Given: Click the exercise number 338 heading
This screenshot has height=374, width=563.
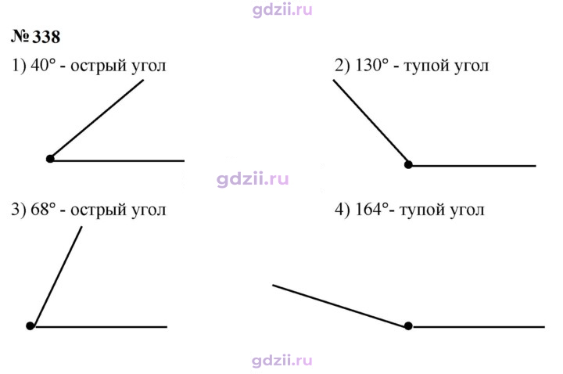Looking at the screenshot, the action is pos(35,37).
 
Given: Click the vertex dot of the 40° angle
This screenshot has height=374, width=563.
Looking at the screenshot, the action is pos(50,158).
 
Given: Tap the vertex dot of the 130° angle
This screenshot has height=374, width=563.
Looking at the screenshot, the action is pos(408,164).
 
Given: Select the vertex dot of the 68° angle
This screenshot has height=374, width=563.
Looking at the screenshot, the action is pos(30,325).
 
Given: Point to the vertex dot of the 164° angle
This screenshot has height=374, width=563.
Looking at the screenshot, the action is pos(408,325).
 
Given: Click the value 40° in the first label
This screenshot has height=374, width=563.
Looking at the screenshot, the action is pos(44,66).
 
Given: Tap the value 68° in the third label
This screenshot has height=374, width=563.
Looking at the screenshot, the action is pos(44,209).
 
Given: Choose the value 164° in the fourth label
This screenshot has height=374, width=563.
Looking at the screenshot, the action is pos(372,209).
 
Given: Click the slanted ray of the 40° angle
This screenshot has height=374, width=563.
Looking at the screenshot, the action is pos(97,119).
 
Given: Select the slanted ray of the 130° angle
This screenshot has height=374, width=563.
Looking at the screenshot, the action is pos(371,122).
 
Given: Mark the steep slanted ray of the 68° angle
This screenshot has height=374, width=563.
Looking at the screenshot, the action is pos(56,276).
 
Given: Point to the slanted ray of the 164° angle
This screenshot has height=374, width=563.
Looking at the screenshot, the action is pos(340,305).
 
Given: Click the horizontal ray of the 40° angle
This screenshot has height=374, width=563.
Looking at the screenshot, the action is pos(117,160).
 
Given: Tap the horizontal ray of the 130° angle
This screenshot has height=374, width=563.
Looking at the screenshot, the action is pos(472,166).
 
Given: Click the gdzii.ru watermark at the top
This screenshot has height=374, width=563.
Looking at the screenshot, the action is pos(282,9).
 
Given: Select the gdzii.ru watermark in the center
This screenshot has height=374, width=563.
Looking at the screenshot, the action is pos(253,179).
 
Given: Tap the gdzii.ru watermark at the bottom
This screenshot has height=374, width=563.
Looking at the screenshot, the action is pos(282,361).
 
